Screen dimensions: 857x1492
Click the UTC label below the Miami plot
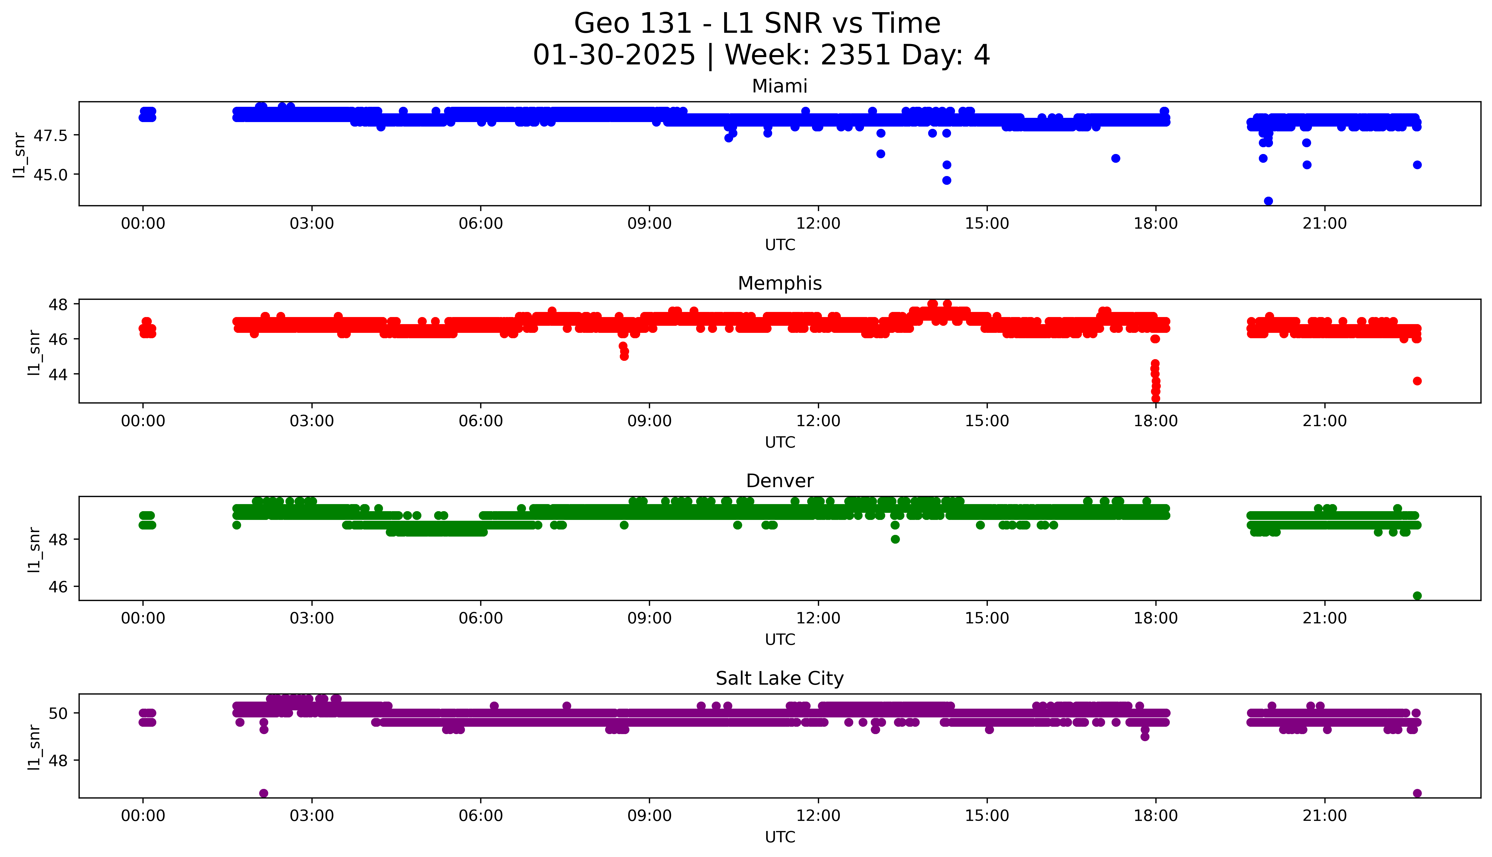(x=780, y=245)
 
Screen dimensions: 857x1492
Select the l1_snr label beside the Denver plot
(x=34, y=549)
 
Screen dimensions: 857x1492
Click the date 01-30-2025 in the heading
(x=614, y=55)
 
